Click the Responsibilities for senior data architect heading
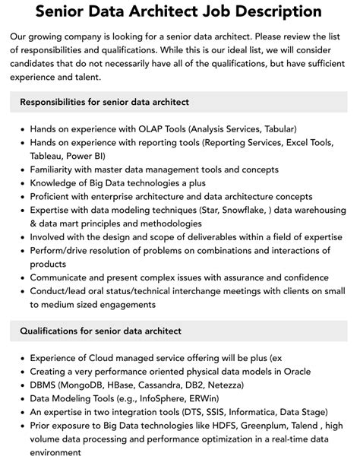point(104,102)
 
